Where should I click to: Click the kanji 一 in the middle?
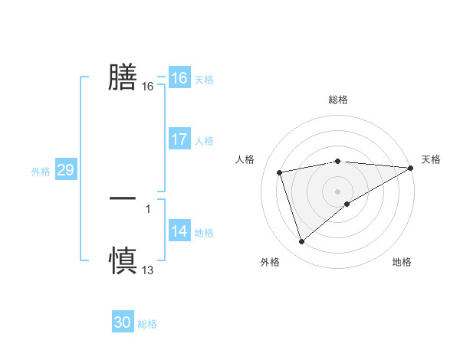pyautogui.click(x=123, y=198)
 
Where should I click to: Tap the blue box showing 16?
pyautogui.click(x=179, y=78)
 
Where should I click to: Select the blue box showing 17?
pyautogui.click(x=179, y=139)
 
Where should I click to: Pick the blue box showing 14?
pyautogui.click(x=179, y=231)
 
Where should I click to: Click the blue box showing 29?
pyautogui.click(x=65, y=170)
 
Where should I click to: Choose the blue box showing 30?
pyautogui.click(x=123, y=322)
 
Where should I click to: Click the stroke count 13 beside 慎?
pyautogui.click(x=148, y=270)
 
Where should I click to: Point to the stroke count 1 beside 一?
pyautogui.click(x=148, y=208)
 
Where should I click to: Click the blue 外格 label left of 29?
pyautogui.click(x=41, y=172)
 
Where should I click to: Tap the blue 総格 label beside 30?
pyautogui.click(x=147, y=324)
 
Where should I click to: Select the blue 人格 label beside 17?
pyautogui.click(x=204, y=141)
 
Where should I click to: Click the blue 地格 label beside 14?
pyautogui.click(x=204, y=233)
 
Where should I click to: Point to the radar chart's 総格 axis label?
pyautogui.click(x=338, y=100)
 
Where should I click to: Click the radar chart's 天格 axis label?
pyautogui.click(x=431, y=159)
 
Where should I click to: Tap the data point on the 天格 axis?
pyautogui.click(x=412, y=168)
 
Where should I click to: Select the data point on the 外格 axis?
pyautogui.click(x=302, y=242)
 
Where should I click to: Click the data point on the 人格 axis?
pyautogui.click(x=280, y=172)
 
